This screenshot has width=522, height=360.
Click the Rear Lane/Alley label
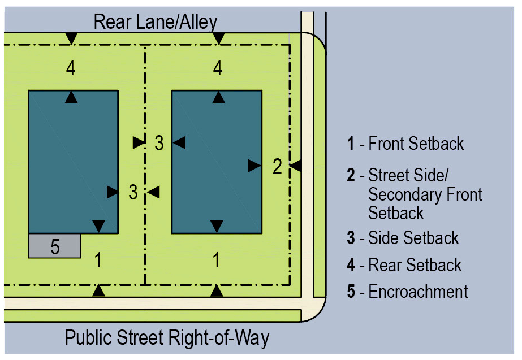click(155, 22)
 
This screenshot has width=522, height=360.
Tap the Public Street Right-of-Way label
click(167, 338)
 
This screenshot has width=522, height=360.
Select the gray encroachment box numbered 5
click(54, 246)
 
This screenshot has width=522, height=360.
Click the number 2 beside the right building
click(277, 166)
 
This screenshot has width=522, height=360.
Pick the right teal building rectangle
click(216, 161)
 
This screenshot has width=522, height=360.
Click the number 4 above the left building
click(70, 68)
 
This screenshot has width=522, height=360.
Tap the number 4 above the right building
click(218, 68)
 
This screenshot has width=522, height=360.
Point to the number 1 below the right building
click(216, 261)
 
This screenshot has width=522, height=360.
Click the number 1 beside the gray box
click(98, 261)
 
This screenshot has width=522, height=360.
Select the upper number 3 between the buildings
click(159, 143)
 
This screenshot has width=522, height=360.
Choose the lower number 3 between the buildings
click(133, 192)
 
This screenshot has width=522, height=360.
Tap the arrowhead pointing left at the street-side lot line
click(295, 166)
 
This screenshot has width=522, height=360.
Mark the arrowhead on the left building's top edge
click(71, 97)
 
